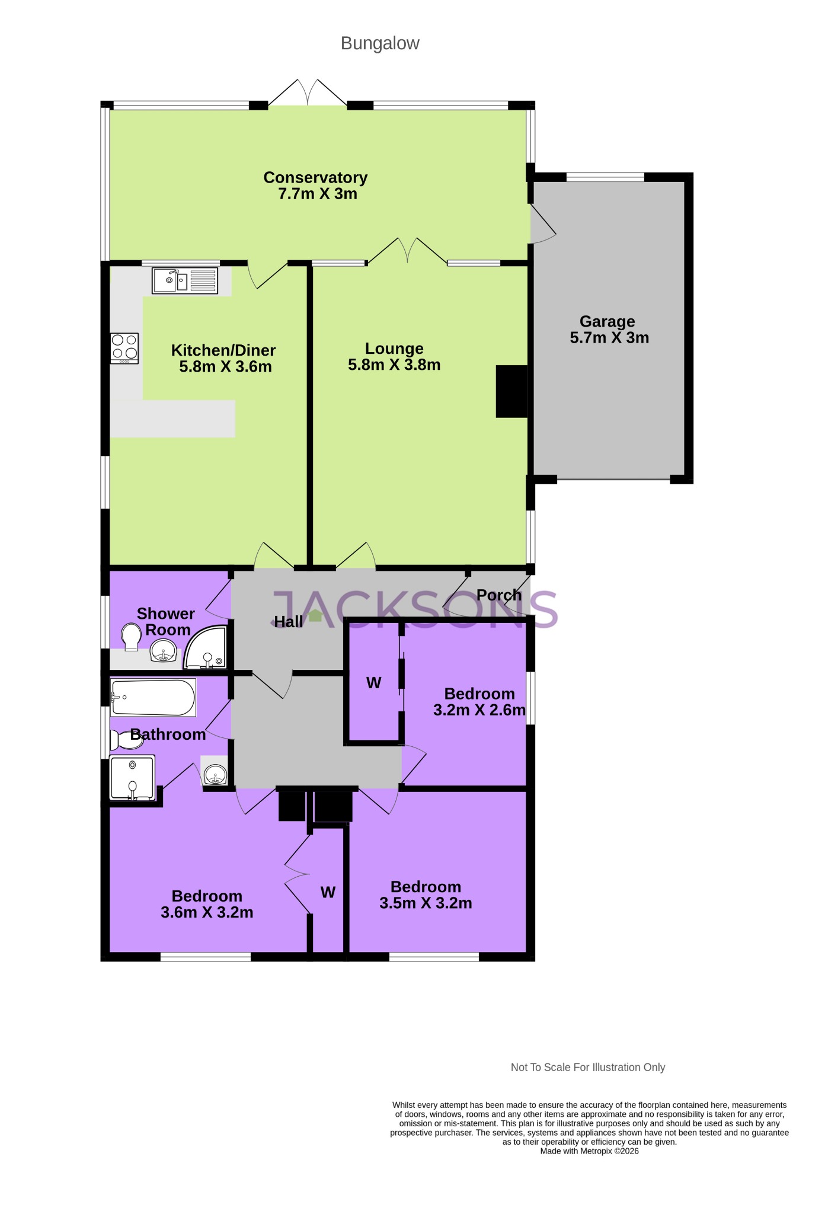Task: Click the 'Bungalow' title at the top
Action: coord(380,43)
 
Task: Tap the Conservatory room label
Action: coord(315,177)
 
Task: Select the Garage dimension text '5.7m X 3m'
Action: coord(609,338)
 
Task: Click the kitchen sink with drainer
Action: coord(185,280)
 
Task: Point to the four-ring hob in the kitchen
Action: coord(124,347)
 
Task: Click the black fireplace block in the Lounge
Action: coord(511,391)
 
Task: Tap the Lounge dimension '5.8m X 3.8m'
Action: coord(394,365)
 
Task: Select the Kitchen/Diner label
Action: coord(223,350)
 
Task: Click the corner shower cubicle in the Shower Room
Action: coord(206,648)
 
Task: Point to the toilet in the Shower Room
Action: coord(131,637)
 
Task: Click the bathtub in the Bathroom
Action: coord(153,698)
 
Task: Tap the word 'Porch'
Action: coord(499,595)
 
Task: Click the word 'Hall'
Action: coord(289,621)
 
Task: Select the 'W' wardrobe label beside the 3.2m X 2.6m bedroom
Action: coord(373,683)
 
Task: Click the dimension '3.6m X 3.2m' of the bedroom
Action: coord(207,912)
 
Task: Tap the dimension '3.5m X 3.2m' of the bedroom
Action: coord(426,903)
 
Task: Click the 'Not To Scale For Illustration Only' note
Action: coord(588,1067)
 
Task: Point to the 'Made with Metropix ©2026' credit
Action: coord(589,1151)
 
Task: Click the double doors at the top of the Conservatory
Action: coord(308,92)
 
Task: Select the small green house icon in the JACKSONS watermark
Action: coord(316,615)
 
